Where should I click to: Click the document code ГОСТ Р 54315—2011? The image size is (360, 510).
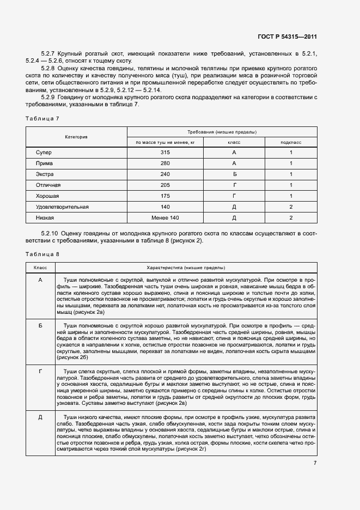click(287, 37)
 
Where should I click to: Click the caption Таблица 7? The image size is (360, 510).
click(40, 118)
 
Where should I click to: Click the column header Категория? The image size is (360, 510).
click(77, 137)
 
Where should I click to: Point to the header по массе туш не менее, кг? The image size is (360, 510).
click(165, 142)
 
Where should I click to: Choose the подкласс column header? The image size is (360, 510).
click(291, 142)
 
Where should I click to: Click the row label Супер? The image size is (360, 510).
click(44, 153)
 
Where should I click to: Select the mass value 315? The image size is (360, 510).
click(166, 153)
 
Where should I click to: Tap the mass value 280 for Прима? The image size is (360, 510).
click(166, 163)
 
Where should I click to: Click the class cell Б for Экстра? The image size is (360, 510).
click(234, 174)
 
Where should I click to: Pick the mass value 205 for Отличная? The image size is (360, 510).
click(166, 185)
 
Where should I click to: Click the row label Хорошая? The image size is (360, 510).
click(47, 196)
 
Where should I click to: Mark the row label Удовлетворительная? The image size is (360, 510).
click(62, 207)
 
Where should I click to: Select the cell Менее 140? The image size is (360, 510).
click(166, 218)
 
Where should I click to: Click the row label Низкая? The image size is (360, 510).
click(45, 218)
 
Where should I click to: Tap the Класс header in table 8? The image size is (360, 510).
click(40, 268)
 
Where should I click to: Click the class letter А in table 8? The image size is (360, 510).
click(40, 280)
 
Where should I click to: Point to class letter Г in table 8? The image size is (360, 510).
click(40, 371)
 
